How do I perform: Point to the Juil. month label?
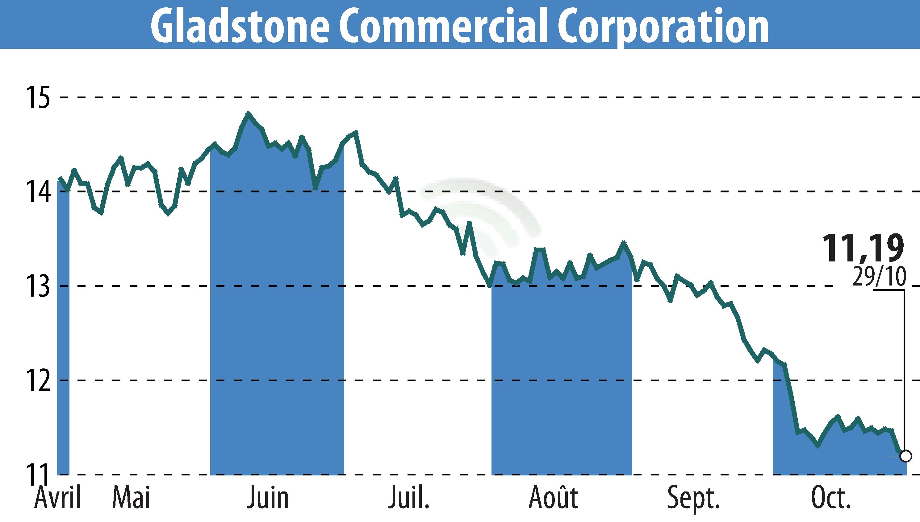(x=408, y=498)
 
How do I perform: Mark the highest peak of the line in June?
(x=249, y=114)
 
